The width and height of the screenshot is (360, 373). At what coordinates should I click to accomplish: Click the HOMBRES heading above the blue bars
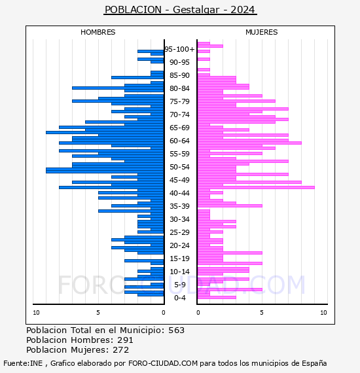[98, 32]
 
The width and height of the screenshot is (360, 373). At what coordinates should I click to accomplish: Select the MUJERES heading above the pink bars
[262, 32]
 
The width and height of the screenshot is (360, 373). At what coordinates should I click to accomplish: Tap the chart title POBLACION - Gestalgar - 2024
[180, 10]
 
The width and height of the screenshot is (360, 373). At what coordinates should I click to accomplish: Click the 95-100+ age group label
[179, 49]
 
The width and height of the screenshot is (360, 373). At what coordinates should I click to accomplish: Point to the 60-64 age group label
[179, 141]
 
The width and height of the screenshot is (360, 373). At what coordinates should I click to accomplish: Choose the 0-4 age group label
[179, 298]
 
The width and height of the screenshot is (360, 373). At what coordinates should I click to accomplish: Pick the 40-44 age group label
[179, 193]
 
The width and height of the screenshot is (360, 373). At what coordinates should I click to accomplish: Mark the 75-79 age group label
[179, 101]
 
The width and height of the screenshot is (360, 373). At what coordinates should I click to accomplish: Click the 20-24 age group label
[179, 245]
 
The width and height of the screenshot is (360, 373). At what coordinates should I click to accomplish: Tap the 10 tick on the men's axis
[36, 313]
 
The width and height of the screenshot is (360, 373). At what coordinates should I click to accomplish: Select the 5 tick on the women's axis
[262, 313]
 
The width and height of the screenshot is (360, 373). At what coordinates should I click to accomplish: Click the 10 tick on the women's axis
[323, 313]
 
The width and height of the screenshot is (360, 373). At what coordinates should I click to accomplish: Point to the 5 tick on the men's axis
[98, 313]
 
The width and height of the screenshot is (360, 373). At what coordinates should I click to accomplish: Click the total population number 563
[176, 330]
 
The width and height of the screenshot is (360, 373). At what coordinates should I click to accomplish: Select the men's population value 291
[125, 340]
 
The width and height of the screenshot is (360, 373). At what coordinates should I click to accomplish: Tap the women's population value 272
[121, 350]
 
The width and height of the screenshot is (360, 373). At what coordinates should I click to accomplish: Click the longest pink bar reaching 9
[256, 187]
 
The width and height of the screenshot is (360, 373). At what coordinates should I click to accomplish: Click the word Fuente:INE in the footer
[23, 363]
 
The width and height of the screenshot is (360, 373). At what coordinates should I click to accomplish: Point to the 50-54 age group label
[179, 167]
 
